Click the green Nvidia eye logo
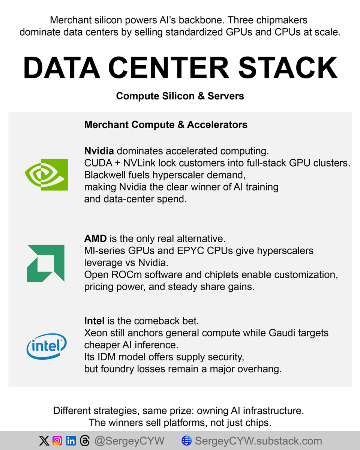[x=46, y=174]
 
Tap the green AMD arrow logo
[x=46, y=263]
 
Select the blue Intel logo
[x=46, y=345]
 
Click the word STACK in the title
[x=288, y=68]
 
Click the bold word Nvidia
[x=99, y=151]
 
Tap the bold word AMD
[x=95, y=238]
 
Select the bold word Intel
[x=94, y=321]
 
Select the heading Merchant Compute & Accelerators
[x=166, y=125]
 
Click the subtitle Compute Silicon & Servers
[x=180, y=96]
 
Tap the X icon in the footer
[x=44, y=441]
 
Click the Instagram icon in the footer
[x=57, y=441]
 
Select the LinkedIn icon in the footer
[x=70, y=441]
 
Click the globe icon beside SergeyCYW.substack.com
[x=186, y=441]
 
